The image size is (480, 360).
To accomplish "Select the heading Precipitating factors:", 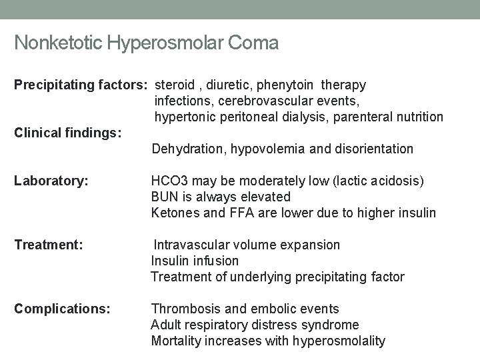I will tap(82, 85).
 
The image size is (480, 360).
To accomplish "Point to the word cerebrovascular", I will tap(265, 101).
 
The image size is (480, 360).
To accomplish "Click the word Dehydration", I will tap(188, 149).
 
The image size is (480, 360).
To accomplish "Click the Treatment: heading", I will tap(49, 245).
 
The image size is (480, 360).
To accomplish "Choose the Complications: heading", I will tap(62, 309).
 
